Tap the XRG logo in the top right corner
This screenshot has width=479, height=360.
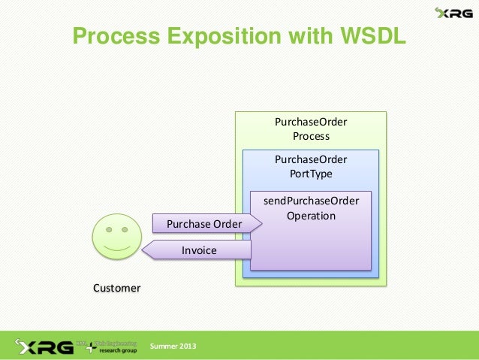(x=453, y=13)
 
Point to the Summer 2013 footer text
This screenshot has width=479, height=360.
(x=173, y=346)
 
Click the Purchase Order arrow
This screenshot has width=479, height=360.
(x=204, y=223)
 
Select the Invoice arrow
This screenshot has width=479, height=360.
(x=199, y=250)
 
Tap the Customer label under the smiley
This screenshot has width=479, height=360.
(x=116, y=288)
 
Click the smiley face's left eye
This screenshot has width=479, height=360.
(x=110, y=228)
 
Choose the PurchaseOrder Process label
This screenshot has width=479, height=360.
(x=311, y=129)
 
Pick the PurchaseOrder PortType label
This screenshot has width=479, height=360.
(x=311, y=166)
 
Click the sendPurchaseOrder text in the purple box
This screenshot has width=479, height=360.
(x=311, y=201)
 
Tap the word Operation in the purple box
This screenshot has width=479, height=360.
(x=311, y=216)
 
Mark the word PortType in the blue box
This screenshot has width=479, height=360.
(x=311, y=174)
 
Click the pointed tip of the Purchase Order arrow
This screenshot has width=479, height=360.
(x=260, y=223)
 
